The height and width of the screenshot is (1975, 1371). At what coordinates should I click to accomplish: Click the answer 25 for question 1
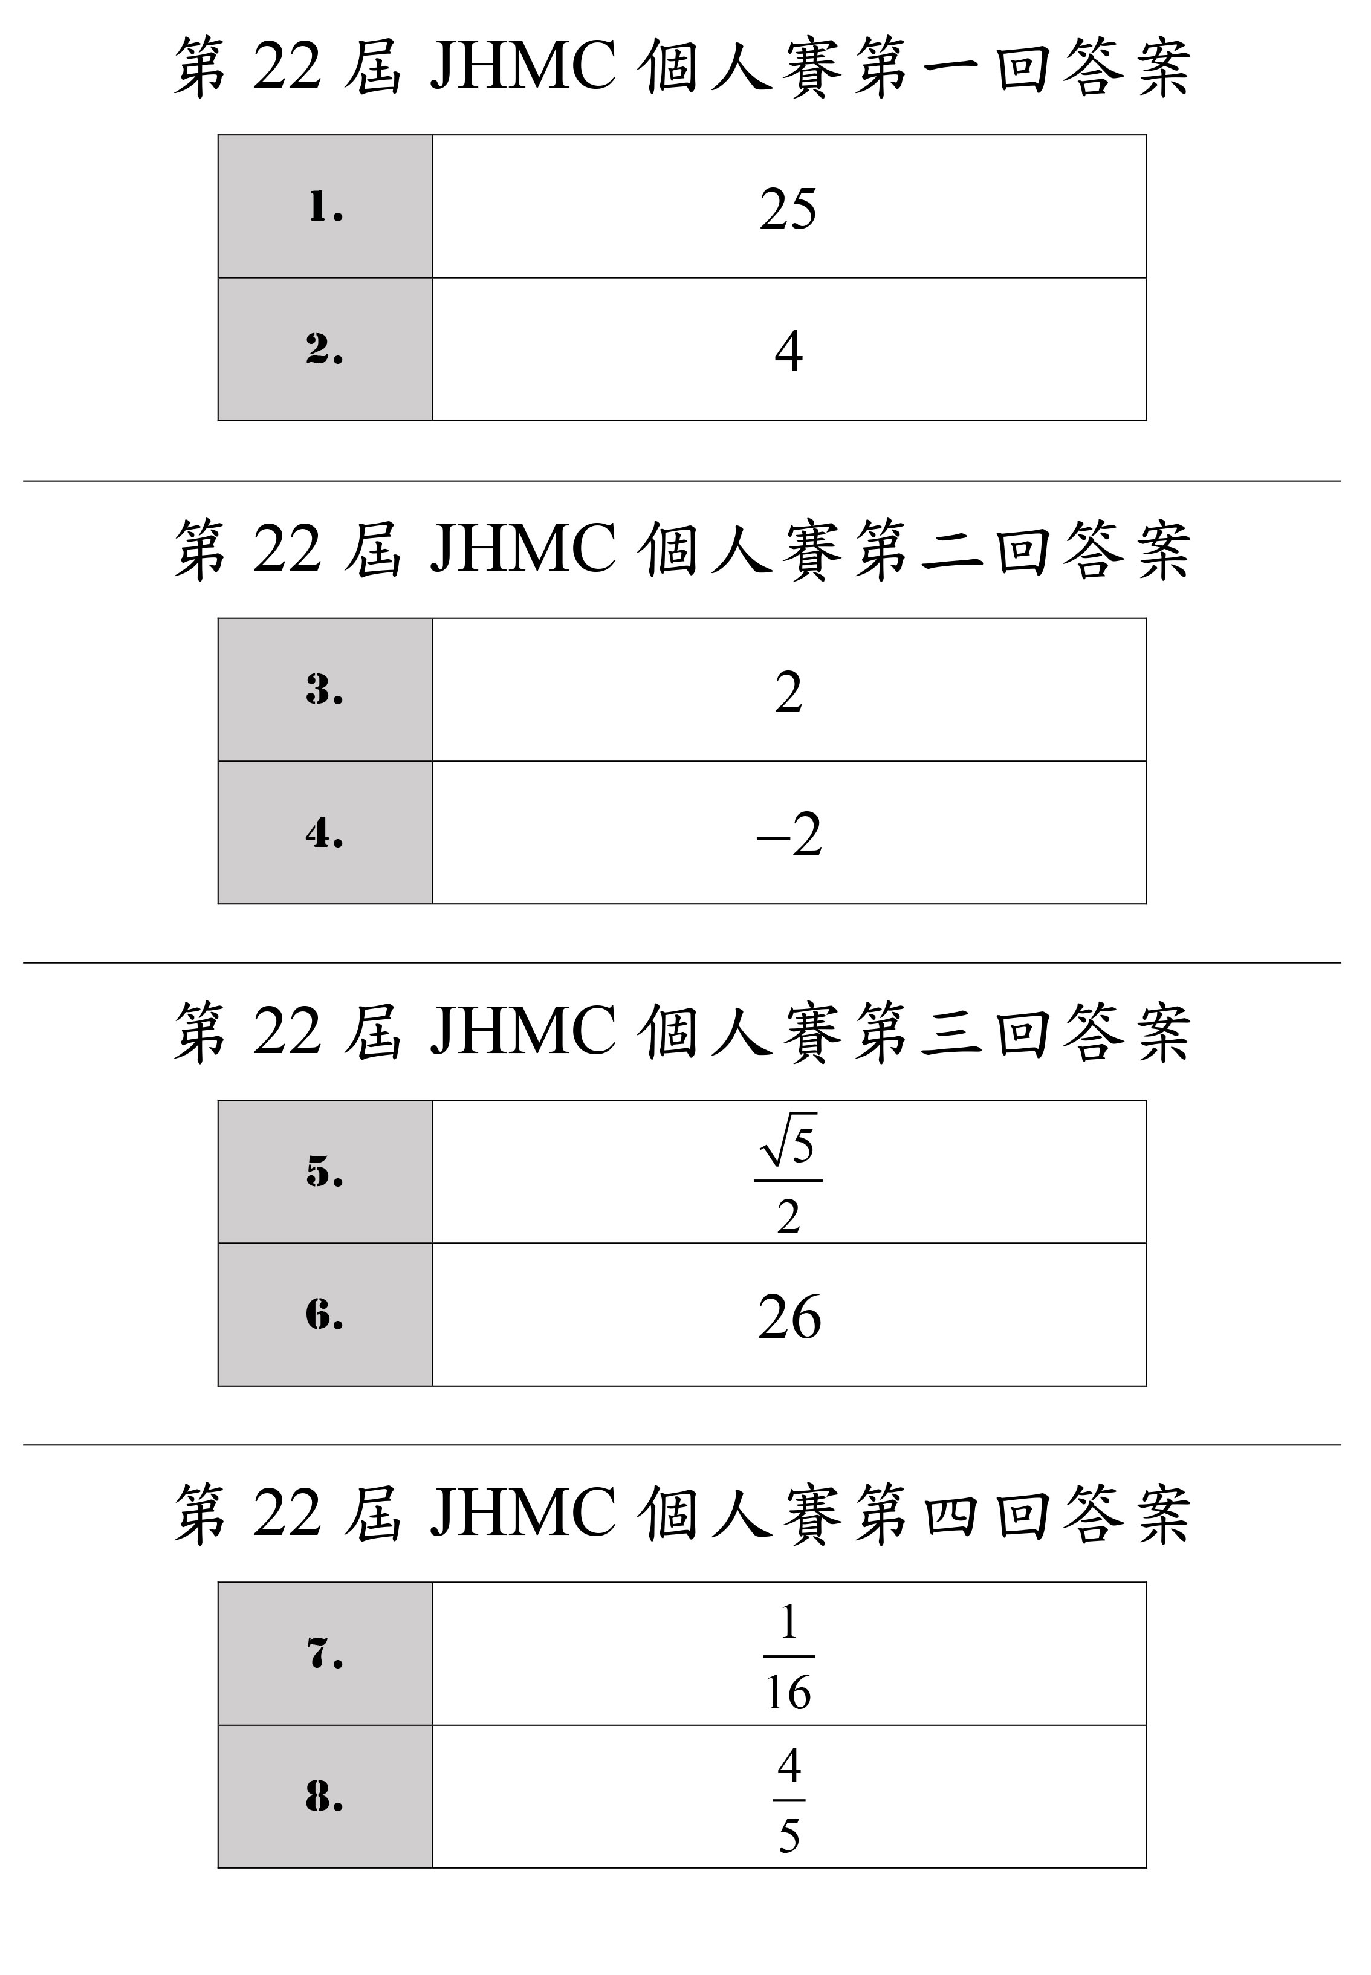[x=789, y=209]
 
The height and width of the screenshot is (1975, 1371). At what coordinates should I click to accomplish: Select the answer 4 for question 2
[x=789, y=351]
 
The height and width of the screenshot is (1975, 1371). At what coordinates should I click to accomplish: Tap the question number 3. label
[x=325, y=690]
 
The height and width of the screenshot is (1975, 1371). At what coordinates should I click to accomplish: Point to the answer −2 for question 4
[x=789, y=834]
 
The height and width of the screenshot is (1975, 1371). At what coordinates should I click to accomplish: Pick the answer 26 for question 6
[x=789, y=1317]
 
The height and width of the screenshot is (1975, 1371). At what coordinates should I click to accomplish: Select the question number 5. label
[x=325, y=1172]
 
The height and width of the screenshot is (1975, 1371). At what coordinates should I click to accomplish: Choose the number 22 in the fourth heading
[x=287, y=1514]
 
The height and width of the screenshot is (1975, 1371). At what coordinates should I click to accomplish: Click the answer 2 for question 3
[x=789, y=692]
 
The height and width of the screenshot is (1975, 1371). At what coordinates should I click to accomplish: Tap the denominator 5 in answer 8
[x=789, y=1837]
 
